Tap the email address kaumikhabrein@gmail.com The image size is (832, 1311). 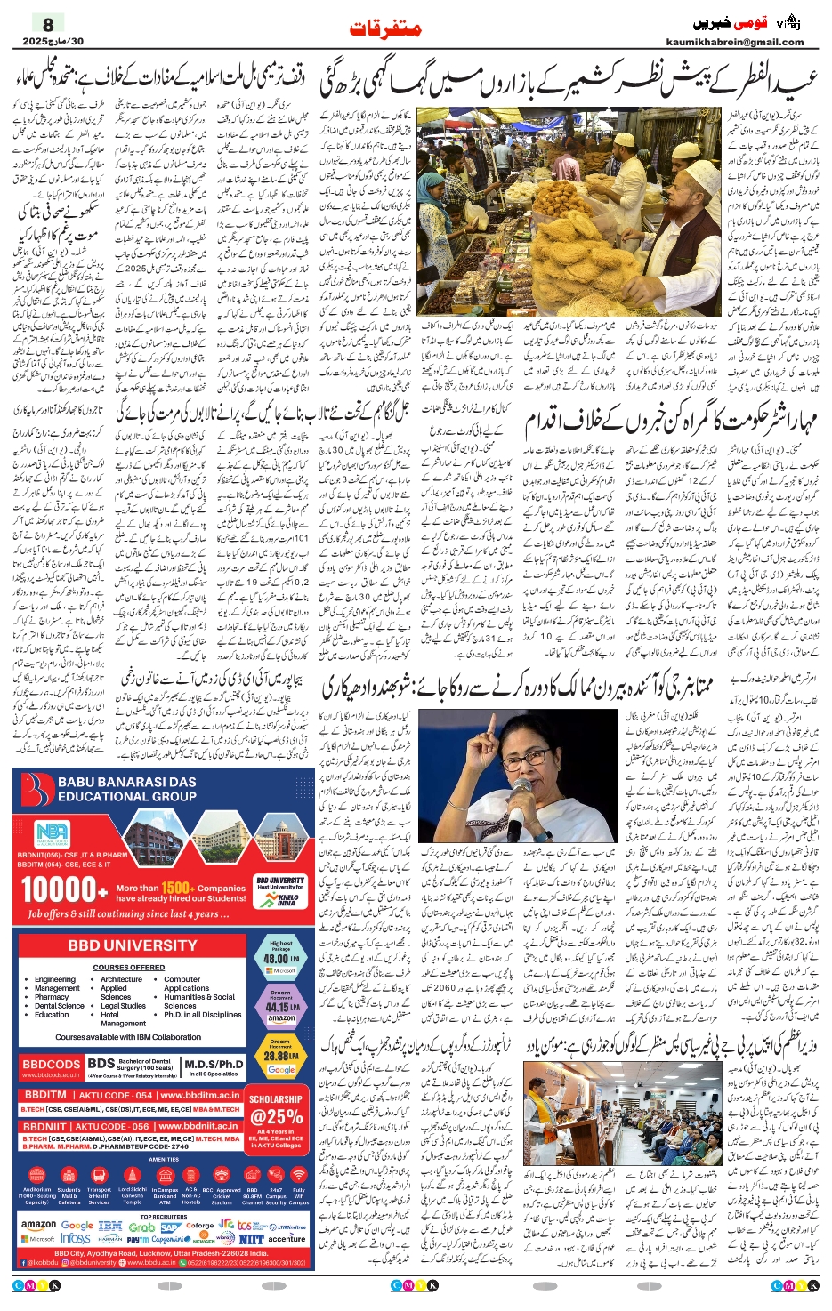(x=734, y=42)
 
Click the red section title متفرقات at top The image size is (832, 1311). (x=384, y=28)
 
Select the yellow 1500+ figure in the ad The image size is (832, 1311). (x=176, y=888)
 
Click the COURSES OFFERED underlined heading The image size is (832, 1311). (x=128, y=967)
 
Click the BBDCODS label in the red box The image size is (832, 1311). (x=51, y=1064)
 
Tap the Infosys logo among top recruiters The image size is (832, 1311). (x=76, y=1238)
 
